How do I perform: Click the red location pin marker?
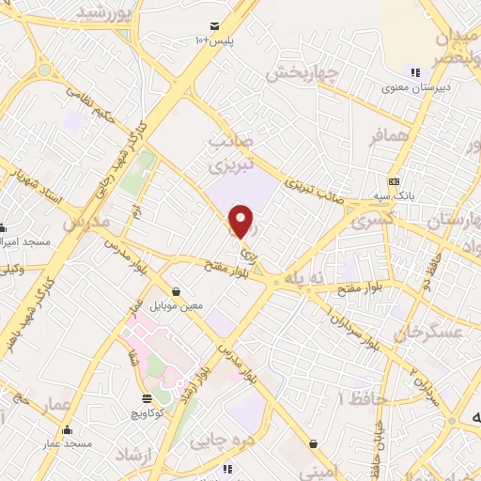tap(242, 221)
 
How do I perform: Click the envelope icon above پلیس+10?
tap(214, 25)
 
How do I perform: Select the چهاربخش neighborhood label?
tap(303, 73)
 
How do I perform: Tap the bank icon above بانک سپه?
tap(393, 181)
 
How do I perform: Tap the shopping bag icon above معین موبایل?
tap(177, 291)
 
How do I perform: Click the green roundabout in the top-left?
tap(44, 70)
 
